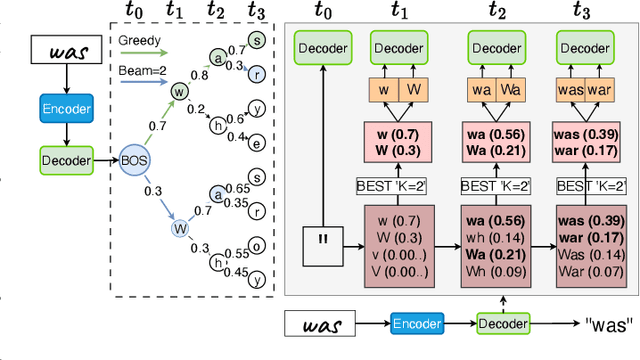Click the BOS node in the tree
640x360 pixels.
(134, 158)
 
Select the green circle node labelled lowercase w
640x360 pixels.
(181, 91)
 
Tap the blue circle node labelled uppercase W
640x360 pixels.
(181, 226)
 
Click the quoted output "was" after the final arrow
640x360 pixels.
(611, 324)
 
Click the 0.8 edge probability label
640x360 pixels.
(201, 72)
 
